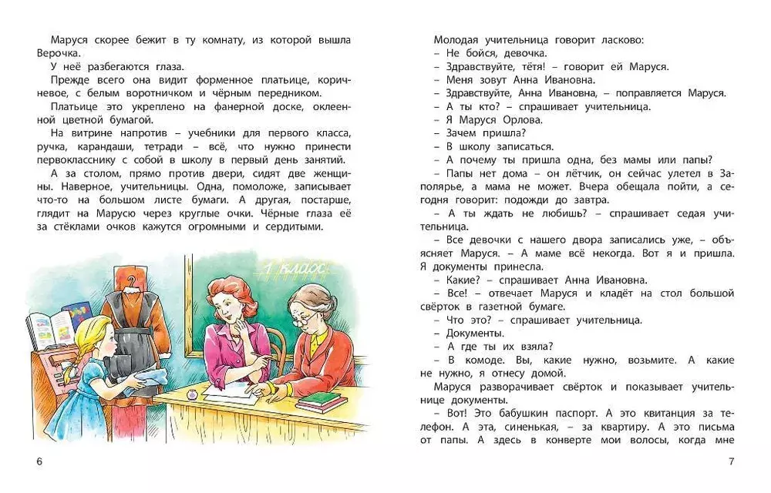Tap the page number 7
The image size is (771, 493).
(731, 461)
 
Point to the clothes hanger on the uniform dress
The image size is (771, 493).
(133, 281)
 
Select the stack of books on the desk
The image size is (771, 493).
(322, 401)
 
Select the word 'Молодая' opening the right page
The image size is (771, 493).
(458, 39)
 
